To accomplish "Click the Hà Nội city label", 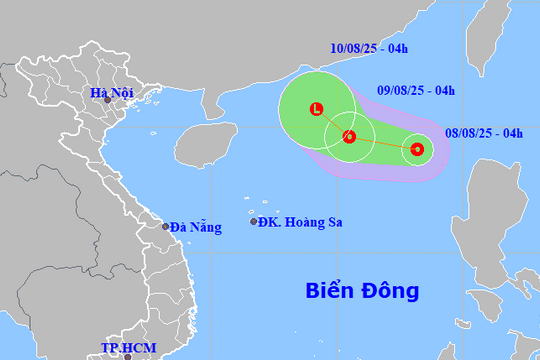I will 111,95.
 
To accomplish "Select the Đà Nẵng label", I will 195,227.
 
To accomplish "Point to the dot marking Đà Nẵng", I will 167,227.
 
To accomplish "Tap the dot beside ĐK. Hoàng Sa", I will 254,221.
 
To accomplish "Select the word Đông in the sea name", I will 391,291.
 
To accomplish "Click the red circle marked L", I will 317,110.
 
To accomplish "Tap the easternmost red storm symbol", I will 417,151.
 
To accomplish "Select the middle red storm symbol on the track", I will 349,136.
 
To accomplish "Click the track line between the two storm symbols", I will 383,144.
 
